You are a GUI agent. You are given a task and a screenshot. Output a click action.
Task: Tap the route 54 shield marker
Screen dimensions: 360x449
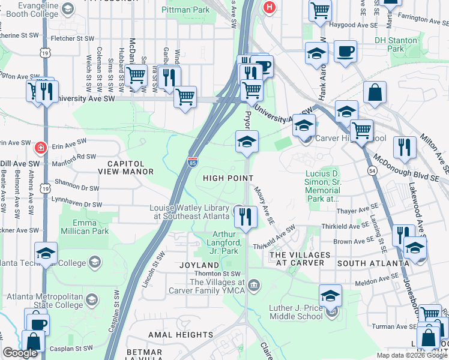pyautogui.click(x=373, y=172)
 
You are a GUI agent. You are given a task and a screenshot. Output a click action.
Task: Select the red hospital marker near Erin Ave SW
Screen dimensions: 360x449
pyautogui.click(x=40, y=146)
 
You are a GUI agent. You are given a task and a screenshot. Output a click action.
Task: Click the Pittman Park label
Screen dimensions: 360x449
pyautogui.click(x=186, y=10)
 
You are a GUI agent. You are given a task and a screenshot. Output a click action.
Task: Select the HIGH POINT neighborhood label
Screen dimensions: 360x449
pyautogui.click(x=228, y=178)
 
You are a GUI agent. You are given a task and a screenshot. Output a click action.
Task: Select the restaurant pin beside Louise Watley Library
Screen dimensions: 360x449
pyautogui.click(x=246, y=217)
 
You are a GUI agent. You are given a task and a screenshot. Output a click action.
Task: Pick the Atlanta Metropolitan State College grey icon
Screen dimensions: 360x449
pyautogui.click(x=91, y=299)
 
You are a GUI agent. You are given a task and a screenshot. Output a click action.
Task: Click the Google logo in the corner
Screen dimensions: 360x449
pyautogui.click(x=20, y=353)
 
